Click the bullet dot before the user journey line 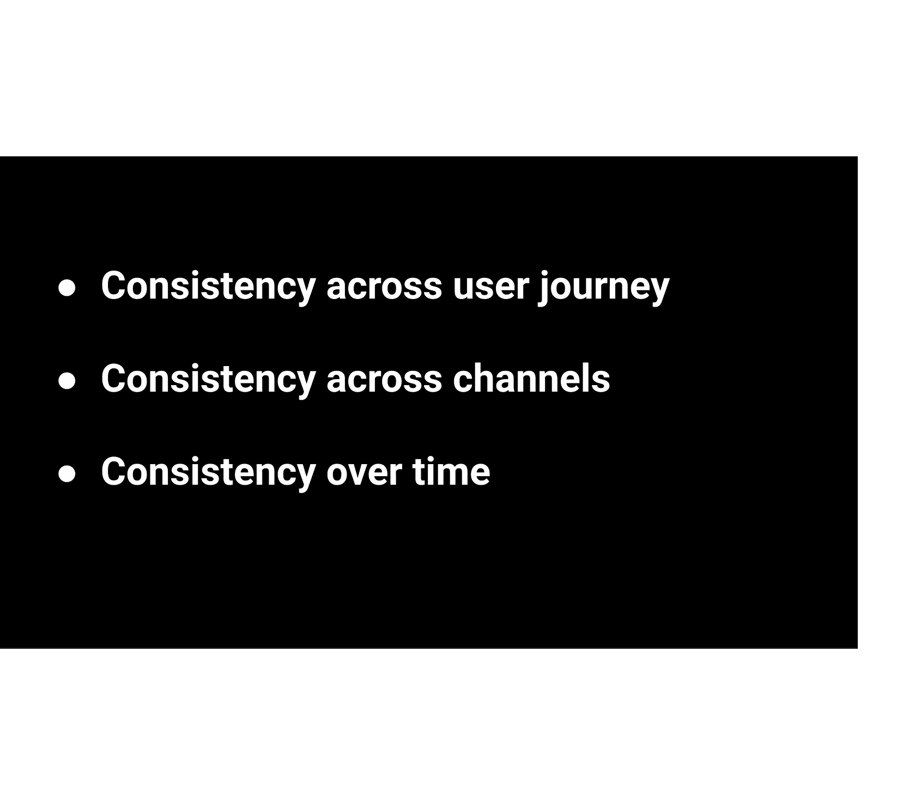[67, 288]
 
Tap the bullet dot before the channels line [67, 381]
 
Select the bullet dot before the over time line [67, 474]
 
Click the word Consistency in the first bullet [208, 286]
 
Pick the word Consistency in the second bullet [208, 379]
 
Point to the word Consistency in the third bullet [208, 472]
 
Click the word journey [604, 287]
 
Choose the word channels [531, 379]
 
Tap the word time [451, 472]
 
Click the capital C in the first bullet [114, 285]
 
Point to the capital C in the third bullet [114, 471]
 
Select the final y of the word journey [660, 290]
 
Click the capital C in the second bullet [114, 379]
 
